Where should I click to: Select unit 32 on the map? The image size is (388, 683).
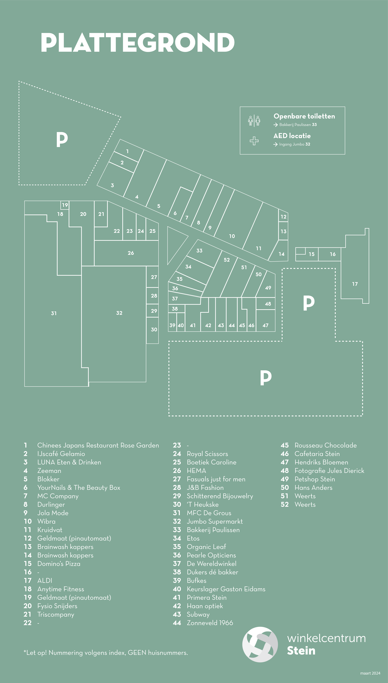tap(119, 313)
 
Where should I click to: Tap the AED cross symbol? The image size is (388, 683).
tap(254, 141)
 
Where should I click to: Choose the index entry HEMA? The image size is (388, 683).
tap(196, 471)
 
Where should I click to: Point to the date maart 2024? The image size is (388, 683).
tap(370, 673)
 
